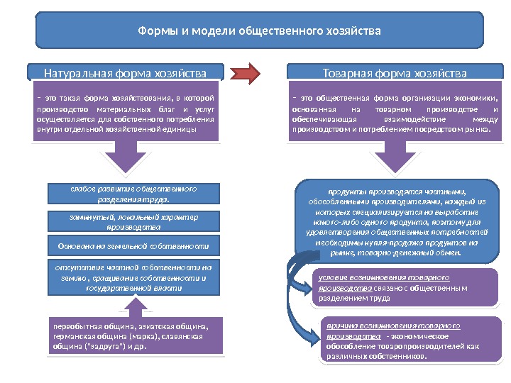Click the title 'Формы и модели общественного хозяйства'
point(259,31)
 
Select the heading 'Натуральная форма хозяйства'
point(126,73)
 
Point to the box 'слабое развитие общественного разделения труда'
point(133,194)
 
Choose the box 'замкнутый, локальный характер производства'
point(133,221)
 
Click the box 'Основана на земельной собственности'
point(133,247)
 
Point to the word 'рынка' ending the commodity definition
point(475,130)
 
